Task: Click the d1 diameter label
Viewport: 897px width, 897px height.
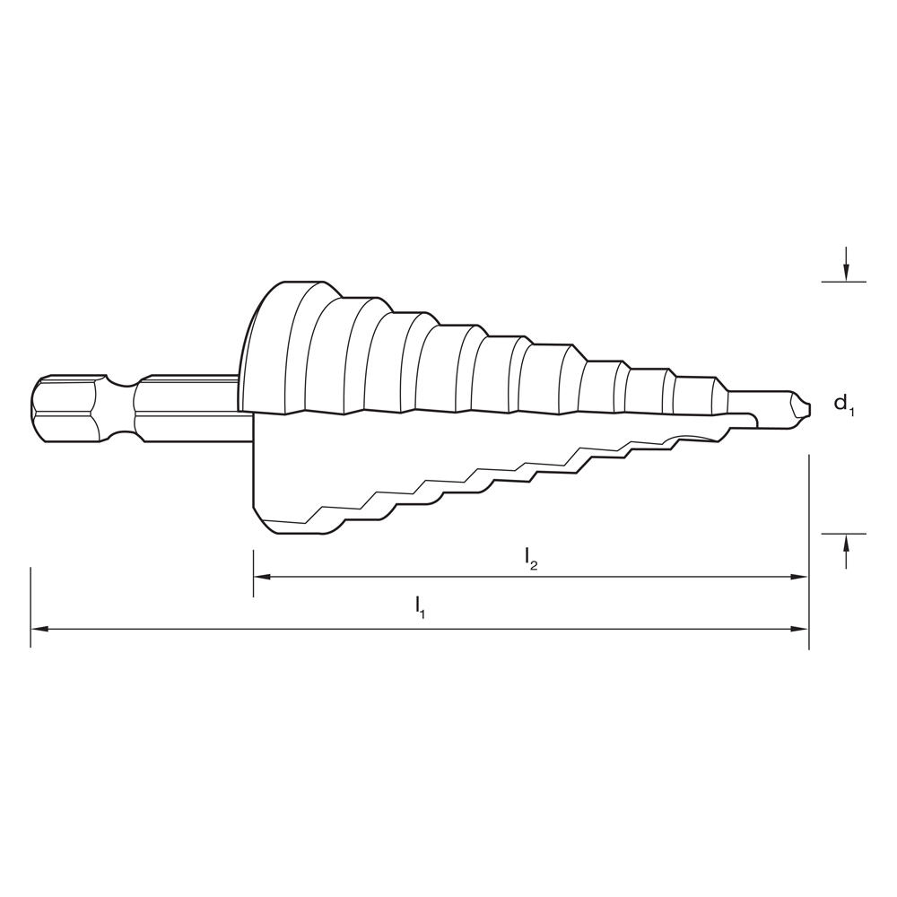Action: pyautogui.click(x=844, y=405)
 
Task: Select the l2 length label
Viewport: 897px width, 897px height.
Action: pyautogui.click(x=531, y=558)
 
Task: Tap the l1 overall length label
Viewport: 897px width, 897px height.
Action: pyautogui.click(x=420, y=607)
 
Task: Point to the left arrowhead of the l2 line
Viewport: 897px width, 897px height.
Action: pyautogui.click(x=262, y=577)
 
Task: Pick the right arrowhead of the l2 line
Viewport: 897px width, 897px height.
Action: pyautogui.click(x=800, y=577)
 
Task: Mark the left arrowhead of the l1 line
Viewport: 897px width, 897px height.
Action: pyautogui.click(x=39, y=629)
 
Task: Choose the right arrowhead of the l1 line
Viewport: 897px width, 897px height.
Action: pyautogui.click(x=800, y=629)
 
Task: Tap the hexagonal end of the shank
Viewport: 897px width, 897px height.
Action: pyautogui.click(x=63, y=408)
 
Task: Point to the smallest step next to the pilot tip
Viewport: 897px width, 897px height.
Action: pyautogui.click(x=698, y=395)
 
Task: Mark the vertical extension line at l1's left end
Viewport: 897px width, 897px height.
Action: pyautogui.click(x=30, y=605)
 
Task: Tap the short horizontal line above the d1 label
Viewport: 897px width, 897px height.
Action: pyautogui.click(x=844, y=282)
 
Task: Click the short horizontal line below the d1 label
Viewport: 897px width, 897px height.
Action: pyautogui.click(x=844, y=534)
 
